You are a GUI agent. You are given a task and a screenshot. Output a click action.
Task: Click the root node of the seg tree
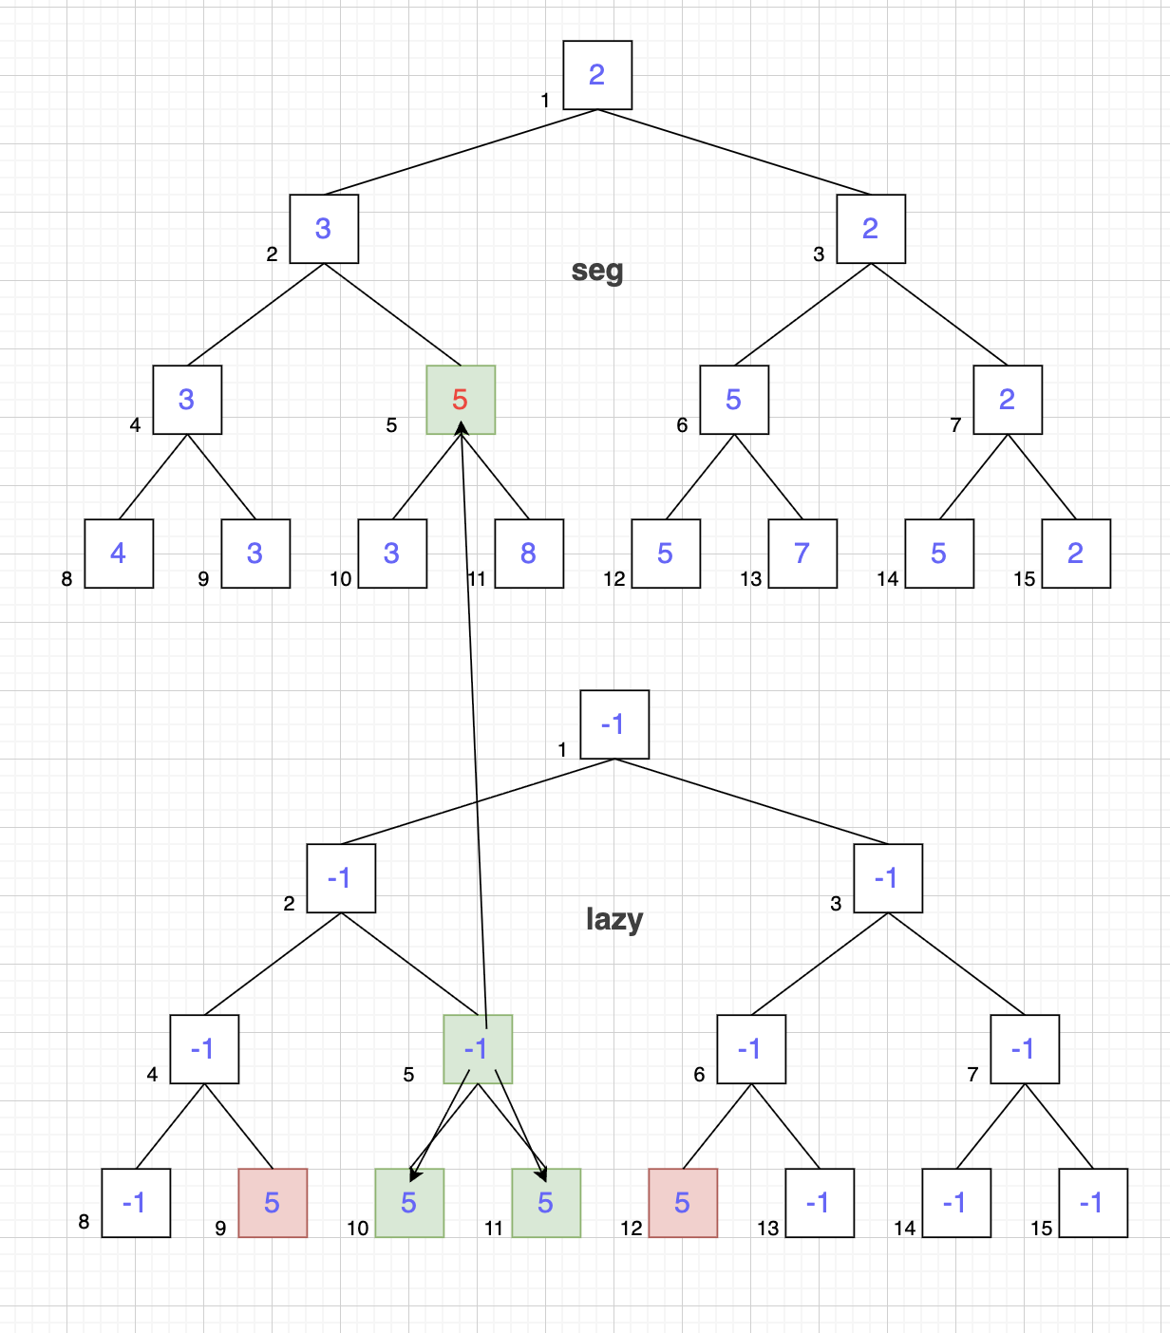pyautogui.click(x=597, y=75)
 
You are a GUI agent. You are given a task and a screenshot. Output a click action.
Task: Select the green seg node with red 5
pyautogui.click(x=461, y=400)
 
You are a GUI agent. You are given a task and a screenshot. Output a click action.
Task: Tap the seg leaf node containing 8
pyautogui.click(x=529, y=554)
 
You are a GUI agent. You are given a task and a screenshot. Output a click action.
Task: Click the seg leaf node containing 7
pyautogui.click(x=802, y=554)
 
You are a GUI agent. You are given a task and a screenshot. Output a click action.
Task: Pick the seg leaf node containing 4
pyautogui.click(x=119, y=554)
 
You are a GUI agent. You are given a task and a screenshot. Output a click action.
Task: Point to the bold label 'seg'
pyautogui.click(x=596, y=271)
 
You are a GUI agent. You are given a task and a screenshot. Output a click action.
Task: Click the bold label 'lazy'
pyautogui.click(x=614, y=919)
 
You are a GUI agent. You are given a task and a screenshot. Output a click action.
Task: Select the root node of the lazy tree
pyautogui.click(x=614, y=724)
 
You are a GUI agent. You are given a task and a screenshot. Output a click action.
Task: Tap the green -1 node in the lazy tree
pyautogui.click(x=478, y=1049)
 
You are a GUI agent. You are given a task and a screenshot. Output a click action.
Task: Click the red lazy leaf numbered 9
pyautogui.click(x=274, y=1203)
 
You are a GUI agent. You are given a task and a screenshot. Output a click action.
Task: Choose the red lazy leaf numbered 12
pyautogui.click(x=683, y=1203)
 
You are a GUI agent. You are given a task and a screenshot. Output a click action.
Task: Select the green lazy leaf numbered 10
pyautogui.click(x=409, y=1203)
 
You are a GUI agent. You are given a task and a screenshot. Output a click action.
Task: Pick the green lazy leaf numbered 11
pyautogui.click(x=546, y=1203)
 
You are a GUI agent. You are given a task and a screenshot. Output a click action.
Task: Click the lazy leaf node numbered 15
pyautogui.click(x=1094, y=1203)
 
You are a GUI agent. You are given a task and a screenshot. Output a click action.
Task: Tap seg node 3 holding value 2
pyautogui.click(x=871, y=228)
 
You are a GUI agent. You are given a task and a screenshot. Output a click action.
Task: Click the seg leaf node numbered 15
pyautogui.click(x=1077, y=554)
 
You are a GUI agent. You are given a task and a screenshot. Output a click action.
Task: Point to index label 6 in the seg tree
pyautogui.click(x=683, y=425)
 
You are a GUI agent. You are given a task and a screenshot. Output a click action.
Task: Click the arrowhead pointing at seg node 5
pyautogui.click(x=462, y=427)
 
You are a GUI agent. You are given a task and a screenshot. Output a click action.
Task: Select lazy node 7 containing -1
pyautogui.click(x=1026, y=1049)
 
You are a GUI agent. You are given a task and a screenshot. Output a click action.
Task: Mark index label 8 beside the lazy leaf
pyautogui.click(x=84, y=1221)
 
